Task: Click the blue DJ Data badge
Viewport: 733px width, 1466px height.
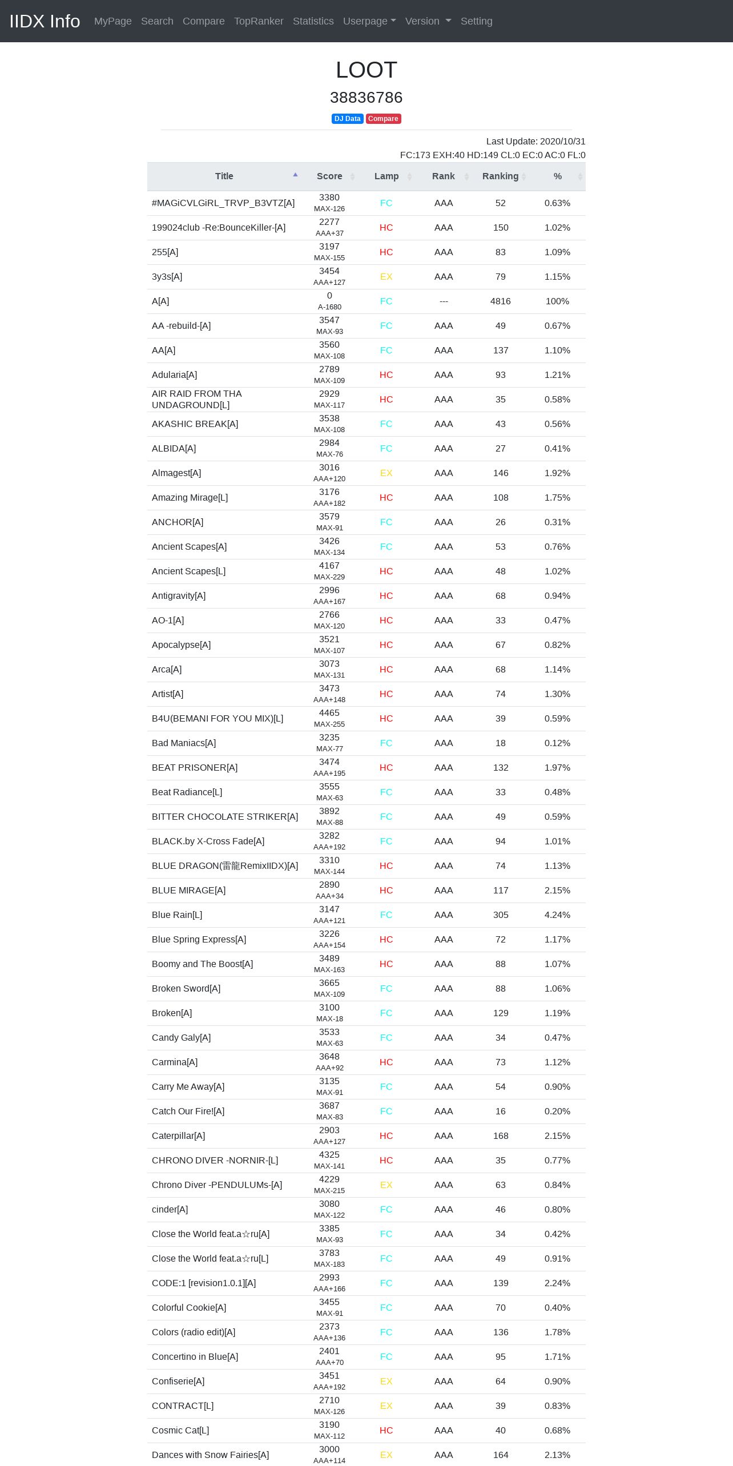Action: click(347, 119)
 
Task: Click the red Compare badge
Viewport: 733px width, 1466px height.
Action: click(383, 119)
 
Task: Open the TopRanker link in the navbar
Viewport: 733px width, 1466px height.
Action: click(259, 21)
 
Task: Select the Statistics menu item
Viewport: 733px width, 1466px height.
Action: click(313, 21)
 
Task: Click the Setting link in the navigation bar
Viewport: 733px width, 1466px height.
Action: click(476, 21)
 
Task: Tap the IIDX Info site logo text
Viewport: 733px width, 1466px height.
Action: click(45, 21)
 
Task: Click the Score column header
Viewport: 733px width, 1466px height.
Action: click(329, 176)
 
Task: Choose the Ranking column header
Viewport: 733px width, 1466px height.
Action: click(500, 176)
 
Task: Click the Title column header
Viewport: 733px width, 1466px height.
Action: click(224, 176)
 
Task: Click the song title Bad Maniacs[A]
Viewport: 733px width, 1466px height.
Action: click(184, 743)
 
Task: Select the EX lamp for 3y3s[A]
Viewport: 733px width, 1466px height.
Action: click(386, 276)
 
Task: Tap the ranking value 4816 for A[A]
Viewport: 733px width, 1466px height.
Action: click(500, 301)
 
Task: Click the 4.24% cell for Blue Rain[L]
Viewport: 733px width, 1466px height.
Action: click(557, 915)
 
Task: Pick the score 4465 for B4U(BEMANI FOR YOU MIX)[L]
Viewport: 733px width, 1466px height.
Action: click(329, 713)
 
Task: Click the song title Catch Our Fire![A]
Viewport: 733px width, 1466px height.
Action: click(188, 1111)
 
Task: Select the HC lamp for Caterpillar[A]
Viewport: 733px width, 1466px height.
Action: click(386, 1135)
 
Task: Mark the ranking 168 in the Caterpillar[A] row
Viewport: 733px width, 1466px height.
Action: click(500, 1135)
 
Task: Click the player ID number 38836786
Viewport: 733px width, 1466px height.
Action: click(366, 98)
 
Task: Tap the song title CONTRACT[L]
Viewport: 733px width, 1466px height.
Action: click(183, 1405)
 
